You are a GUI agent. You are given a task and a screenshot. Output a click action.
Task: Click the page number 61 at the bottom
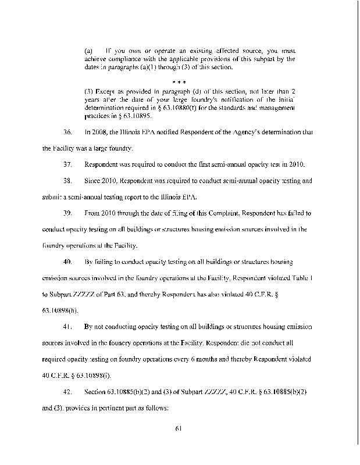pyautogui.click(x=179, y=430)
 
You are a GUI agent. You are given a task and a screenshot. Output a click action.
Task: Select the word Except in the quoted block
pyautogui.click(x=105, y=92)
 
